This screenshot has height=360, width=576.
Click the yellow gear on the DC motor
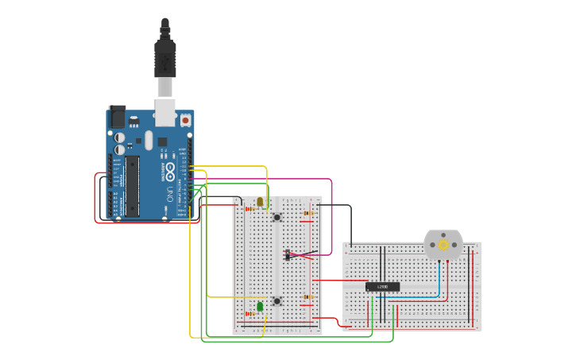(443, 246)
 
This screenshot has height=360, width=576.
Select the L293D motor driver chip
(382, 286)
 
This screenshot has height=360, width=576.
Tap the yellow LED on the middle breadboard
(260, 202)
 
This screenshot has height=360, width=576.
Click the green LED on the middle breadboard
(260, 306)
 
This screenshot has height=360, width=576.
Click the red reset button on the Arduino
(185, 121)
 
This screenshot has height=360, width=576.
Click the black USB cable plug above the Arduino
(164, 60)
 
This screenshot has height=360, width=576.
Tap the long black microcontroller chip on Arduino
(132, 186)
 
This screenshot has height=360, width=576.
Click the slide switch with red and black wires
(287, 255)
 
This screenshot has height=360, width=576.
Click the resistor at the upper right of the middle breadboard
(308, 212)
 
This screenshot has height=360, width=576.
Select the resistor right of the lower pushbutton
(307, 297)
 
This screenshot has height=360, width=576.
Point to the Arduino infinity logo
(170, 170)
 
